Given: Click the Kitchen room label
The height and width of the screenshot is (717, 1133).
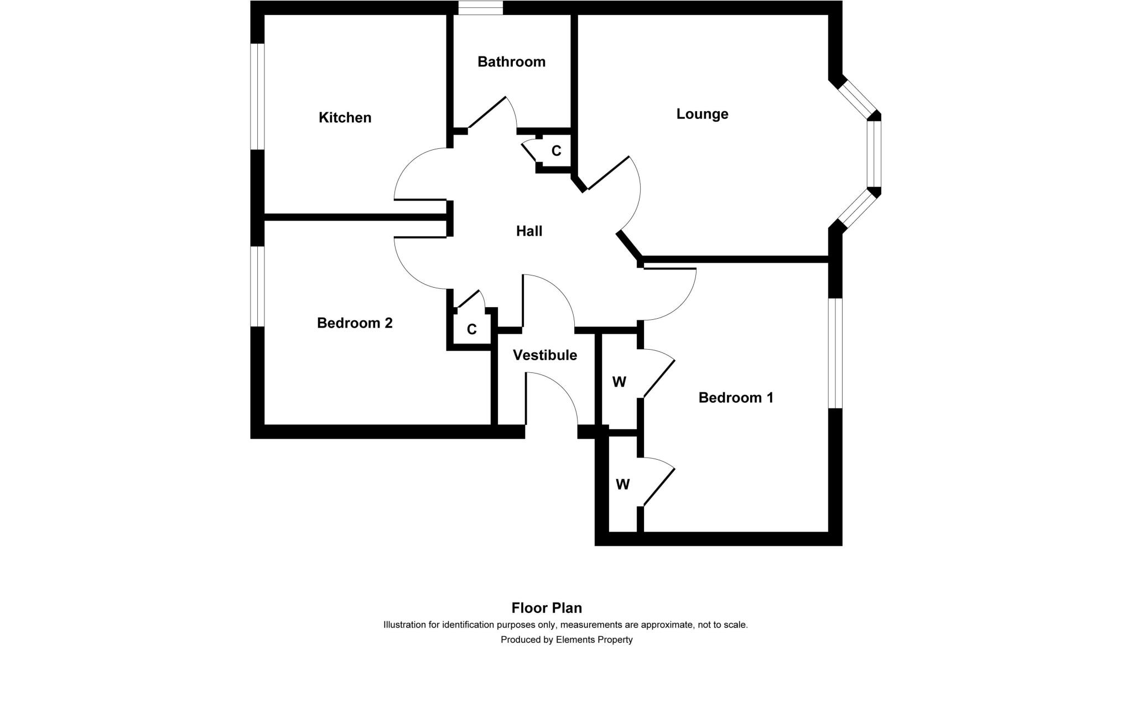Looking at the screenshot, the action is pyautogui.click(x=345, y=117).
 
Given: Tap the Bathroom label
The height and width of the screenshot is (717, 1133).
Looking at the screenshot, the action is pyautogui.click(x=511, y=61).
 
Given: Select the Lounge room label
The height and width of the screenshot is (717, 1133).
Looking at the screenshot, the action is pyautogui.click(x=702, y=114).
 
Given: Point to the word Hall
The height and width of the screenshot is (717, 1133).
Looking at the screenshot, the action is pyautogui.click(x=529, y=231).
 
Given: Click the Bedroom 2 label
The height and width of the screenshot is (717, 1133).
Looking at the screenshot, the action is pyautogui.click(x=355, y=323).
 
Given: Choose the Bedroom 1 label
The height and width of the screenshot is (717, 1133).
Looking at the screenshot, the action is pyautogui.click(x=736, y=397).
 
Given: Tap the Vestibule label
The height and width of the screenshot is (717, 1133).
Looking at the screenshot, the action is pyautogui.click(x=545, y=355).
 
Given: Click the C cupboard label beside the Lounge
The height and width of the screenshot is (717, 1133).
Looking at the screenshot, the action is pyautogui.click(x=556, y=150).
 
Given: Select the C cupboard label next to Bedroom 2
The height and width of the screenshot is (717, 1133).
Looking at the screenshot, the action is pyautogui.click(x=471, y=330).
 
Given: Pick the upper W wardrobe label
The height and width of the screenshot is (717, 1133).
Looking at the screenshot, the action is pyautogui.click(x=619, y=382).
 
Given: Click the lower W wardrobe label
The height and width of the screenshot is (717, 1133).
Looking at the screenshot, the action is pyautogui.click(x=622, y=485).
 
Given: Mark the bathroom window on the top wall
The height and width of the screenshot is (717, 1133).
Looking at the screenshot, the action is pyautogui.click(x=480, y=8).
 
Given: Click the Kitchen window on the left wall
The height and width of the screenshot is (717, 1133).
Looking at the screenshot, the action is pyautogui.click(x=257, y=96).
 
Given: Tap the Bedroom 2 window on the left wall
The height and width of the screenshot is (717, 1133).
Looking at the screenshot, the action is pyautogui.click(x=257, y=286).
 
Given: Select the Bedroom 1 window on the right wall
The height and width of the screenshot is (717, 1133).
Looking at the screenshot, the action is pyautogui.click(x=835, y=354).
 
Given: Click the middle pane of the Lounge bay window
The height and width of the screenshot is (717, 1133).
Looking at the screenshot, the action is pyautogui.click(x=874, y=154).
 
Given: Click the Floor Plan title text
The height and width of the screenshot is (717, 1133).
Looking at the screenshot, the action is pyautogui.click(x=547, y=608).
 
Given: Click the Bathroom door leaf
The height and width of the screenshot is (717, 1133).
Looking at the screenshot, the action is pyautogui.click(x=487, y=113).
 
